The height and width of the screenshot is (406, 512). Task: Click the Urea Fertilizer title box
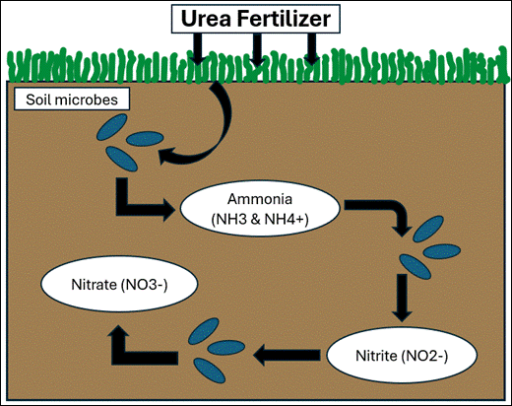pos(256,18)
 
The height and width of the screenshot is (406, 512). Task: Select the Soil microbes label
pos(60,100)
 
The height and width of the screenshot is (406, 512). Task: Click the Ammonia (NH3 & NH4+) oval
pos(260,208)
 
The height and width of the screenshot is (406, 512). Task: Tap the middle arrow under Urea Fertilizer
pos(255,49)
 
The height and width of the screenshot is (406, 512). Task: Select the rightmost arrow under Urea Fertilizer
pos(310,49)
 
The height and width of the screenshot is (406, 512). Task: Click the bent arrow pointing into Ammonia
pos(139,201)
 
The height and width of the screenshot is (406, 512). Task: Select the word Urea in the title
pos(210,18)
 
